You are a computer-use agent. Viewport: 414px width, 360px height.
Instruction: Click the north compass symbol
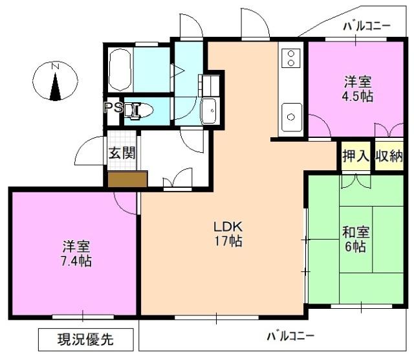tap(56, 82)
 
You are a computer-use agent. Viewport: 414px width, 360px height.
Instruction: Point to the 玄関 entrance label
tap(122, 153)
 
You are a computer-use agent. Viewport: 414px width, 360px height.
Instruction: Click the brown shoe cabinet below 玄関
tap(127, 179)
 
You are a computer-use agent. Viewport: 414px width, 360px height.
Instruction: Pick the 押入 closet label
tap(355, 155)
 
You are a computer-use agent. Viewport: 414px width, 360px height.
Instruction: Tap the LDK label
tap(228, 227)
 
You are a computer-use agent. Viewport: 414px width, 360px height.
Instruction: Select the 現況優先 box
tap(86, 339)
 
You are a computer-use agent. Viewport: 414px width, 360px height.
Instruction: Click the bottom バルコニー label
tap(290, 336)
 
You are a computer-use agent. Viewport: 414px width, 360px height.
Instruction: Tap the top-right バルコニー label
tap(367, 26)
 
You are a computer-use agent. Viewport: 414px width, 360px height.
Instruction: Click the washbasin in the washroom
tap(210, 111)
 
